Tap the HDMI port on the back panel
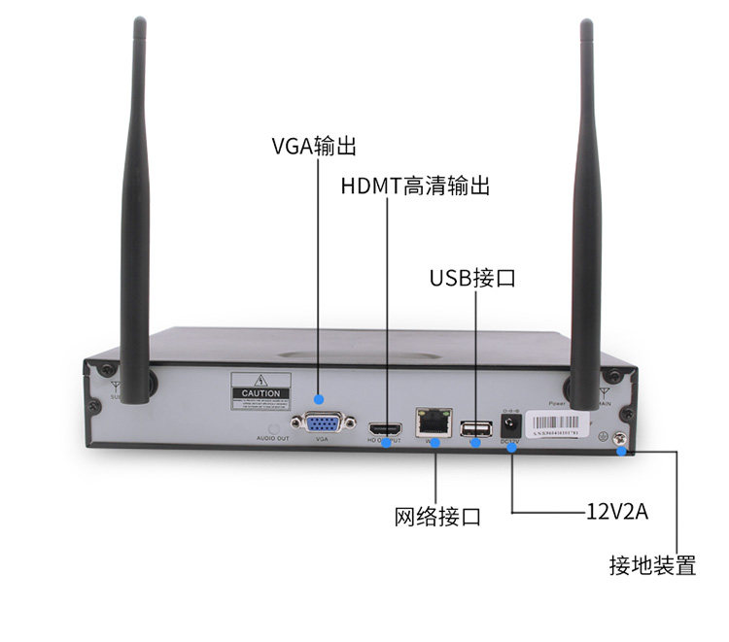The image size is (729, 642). (386, 427)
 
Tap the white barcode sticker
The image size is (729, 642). (556, 423)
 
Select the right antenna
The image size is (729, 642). (586, 214)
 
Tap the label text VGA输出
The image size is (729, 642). (314, 147)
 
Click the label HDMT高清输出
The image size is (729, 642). (414, 186)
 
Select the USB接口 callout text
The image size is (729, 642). (472, 279)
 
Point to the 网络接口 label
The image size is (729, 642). (437, 516)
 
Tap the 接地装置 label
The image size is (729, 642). (652, 565)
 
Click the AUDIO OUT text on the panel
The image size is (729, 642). (273, 439)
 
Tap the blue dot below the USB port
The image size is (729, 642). (476, 443)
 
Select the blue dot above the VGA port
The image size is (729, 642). (320, 397)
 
